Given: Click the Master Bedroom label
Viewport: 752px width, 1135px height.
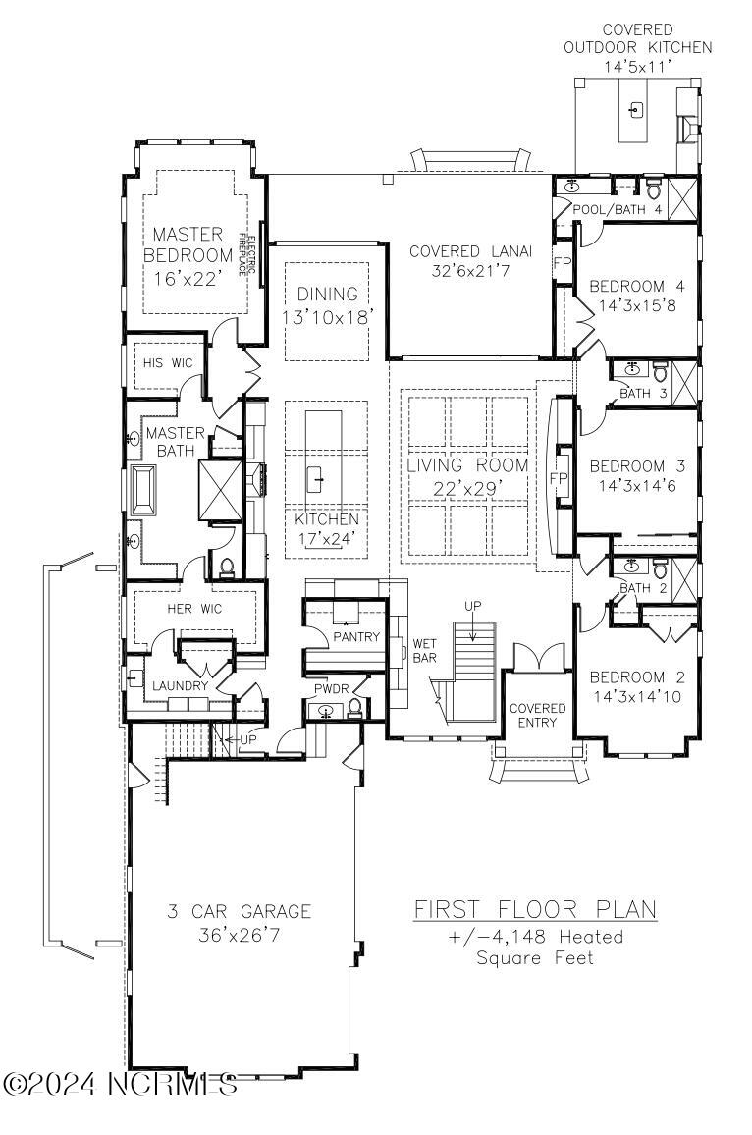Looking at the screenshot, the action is [188, 244].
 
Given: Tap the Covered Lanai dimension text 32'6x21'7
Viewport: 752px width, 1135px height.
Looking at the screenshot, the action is [470, 271].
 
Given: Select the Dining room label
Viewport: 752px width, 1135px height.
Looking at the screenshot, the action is [328, 294].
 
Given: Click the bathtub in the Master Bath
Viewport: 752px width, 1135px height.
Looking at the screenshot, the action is [143, 489].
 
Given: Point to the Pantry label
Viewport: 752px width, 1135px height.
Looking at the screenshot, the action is [356, 636].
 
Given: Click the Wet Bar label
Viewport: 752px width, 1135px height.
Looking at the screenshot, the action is [425, 650].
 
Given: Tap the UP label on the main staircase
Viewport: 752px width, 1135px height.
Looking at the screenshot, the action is [473, 606].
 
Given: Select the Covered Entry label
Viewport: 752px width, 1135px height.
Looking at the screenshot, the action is [538, 715].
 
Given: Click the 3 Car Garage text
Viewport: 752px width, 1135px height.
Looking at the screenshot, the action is [239, 910].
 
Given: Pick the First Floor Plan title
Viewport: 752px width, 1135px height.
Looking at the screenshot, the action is [536, 908].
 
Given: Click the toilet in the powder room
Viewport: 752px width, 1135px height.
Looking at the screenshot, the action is [354, 708].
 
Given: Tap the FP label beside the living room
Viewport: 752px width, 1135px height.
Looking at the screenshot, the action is [558, 479].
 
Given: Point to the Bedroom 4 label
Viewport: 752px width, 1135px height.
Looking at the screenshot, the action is [637, 286].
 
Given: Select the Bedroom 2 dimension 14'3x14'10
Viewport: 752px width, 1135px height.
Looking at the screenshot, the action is [637, 697].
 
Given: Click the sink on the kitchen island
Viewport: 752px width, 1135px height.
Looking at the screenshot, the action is [316, 477].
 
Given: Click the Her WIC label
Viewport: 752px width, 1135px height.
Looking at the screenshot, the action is [194, 609].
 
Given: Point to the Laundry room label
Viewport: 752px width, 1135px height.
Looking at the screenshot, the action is [181, 685].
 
